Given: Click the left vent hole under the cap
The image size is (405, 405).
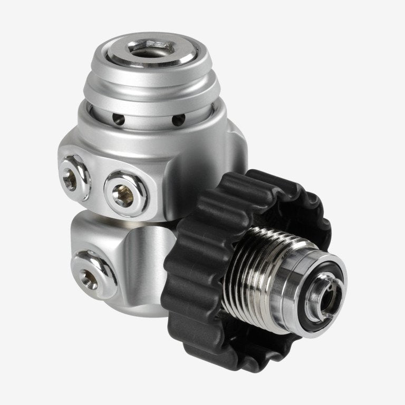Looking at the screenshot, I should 120,120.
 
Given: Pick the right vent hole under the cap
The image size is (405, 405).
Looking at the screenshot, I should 180,120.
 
